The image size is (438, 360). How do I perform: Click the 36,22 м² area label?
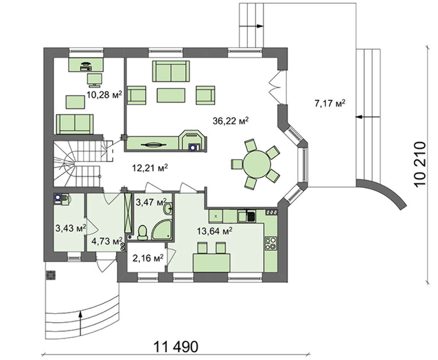[x=230, y=121]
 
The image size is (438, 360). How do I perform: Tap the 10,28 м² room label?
[x=104, y=95]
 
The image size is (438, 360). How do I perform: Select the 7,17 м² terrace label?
[x=330, y=103]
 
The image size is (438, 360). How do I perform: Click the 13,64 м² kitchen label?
[x=215, y=231]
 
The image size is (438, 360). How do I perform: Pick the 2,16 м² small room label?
[x=148, y=258]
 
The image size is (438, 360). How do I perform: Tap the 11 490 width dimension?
[x=176, y=347]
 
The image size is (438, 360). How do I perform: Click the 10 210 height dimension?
[x=420, y=165]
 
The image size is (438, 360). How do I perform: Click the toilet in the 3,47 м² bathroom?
[x=143, y=233]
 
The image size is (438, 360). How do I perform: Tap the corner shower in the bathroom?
[x=162, y=230]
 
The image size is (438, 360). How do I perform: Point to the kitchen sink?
[x=246, y=216]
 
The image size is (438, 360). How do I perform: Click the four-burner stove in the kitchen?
[x=271, y=243]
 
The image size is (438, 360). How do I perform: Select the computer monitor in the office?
[x=95, y=80]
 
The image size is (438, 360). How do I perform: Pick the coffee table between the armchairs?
[x=171, y=95]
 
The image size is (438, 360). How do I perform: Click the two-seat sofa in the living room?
[x=171, y=71]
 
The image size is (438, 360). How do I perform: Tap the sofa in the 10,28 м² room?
[x=75, y=124]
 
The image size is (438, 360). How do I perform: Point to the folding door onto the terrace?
[x=275, y=87]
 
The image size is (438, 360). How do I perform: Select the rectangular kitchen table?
[x=212, y=262]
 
